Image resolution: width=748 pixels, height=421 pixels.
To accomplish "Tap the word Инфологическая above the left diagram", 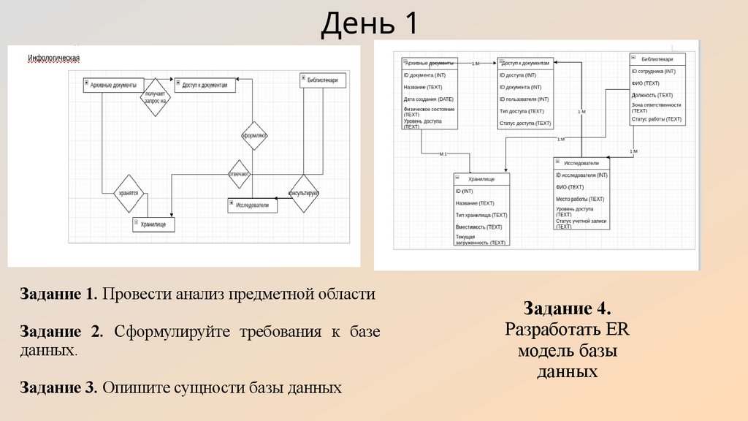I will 53,58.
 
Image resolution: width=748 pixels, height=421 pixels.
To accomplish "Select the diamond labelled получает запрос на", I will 155,96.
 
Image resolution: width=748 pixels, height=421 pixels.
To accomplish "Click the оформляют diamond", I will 254,134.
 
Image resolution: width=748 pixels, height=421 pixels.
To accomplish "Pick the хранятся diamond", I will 129,193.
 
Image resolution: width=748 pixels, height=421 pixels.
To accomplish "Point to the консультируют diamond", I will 304,193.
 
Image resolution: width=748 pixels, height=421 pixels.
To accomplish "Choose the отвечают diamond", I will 239,174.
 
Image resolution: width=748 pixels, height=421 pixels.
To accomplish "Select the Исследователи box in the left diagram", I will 252,206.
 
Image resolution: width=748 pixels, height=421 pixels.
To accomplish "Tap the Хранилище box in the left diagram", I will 154,224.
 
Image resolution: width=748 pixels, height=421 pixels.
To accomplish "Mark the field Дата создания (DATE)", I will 429,99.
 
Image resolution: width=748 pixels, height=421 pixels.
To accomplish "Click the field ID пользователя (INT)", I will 524,99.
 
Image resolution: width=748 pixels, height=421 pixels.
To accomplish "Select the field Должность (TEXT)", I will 652,95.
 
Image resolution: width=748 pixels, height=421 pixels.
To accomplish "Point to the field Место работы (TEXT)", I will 580,199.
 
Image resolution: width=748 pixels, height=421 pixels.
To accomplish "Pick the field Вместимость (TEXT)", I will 478,227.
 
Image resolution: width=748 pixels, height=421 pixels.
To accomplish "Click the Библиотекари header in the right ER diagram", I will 658,58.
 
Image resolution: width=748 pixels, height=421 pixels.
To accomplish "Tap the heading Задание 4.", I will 567,308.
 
